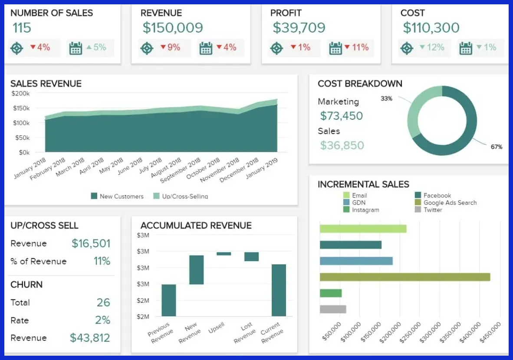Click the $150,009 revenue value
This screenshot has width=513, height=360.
coord(173,28)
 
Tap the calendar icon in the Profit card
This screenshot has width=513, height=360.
coord(335,48)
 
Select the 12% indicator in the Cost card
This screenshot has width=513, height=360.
coord(432,47)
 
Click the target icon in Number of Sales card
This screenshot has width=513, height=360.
coord(16,48)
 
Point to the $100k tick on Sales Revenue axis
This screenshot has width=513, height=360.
coord(20,123)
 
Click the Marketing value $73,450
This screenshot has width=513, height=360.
coord(342,116)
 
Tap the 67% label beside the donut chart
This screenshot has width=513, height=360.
coord(496,147)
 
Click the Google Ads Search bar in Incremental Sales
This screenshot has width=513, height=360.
coord(404,277)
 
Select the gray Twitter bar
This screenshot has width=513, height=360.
coord(333,309)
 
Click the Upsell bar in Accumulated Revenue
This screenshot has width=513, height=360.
coord(224,254)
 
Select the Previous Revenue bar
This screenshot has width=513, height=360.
coord(169,300)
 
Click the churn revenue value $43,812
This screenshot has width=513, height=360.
coord(90,338)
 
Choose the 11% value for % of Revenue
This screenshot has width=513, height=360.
coord(102,261)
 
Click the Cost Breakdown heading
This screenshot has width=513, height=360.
coord(360,84)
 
